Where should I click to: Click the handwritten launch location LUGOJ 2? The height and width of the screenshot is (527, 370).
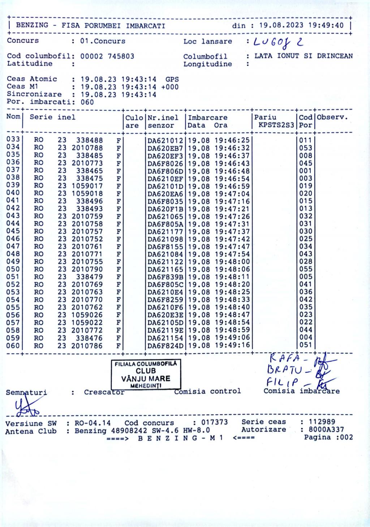[x=278, y=43]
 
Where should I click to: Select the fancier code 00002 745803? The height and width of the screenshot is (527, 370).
[x=107, y=56]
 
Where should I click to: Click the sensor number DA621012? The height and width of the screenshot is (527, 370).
[x=165, y=140]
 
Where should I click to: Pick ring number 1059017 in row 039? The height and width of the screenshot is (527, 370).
[x=87, y=186]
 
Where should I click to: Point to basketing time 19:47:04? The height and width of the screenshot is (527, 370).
[x=232, y=193]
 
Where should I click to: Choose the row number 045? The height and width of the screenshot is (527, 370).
[x=13, y=231]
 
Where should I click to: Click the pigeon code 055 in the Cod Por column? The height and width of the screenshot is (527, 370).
[x=305, y=269]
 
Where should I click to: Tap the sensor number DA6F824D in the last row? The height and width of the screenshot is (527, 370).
[x=165, y=346]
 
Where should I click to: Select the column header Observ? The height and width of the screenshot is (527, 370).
[x=332, y=117]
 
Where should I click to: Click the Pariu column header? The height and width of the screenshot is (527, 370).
[x=265, y=117]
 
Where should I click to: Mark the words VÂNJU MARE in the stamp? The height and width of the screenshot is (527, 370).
[x=146, y=378]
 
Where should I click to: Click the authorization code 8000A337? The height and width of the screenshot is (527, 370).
[x=326, y=429]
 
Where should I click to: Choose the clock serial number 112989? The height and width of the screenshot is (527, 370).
[x=322, y=422]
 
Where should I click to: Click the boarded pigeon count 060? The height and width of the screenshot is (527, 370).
[x=87, y=102]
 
